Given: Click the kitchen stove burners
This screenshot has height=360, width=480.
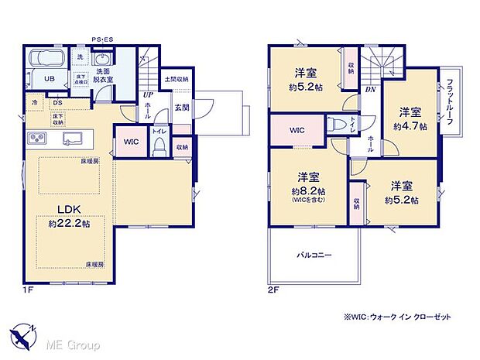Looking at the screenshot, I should (x=37, y=139).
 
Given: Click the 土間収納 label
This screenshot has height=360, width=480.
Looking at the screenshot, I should (x=177, y=78).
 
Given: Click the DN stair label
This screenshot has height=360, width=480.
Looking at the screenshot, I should (x=370, y=89).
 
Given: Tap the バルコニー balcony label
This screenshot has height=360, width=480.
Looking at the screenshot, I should (x=313, y=254).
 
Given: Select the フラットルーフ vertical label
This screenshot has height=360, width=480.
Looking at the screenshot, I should (x=449, y=101).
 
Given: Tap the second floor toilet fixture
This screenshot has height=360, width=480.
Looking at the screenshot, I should (x=334, y=125).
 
